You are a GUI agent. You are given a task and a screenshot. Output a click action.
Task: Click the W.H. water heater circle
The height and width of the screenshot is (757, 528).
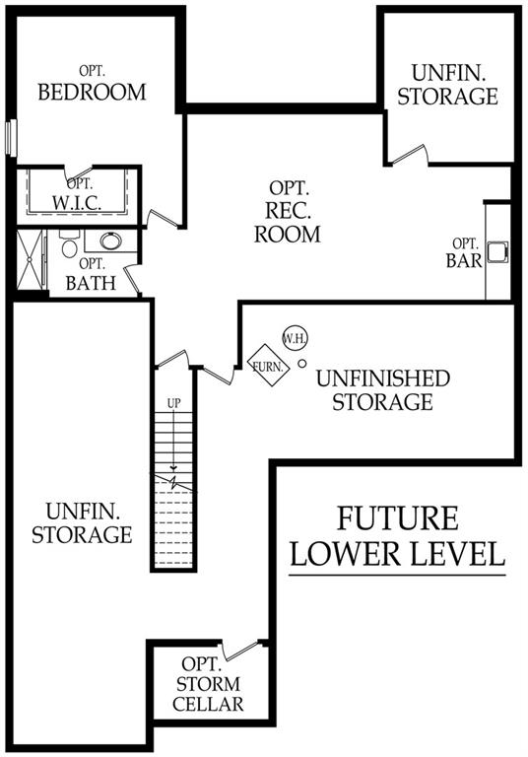[295, 338]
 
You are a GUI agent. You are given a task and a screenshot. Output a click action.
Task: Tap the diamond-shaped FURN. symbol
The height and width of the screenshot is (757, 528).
[268, 366]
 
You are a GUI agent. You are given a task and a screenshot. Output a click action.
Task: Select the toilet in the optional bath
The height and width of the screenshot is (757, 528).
[70, 244]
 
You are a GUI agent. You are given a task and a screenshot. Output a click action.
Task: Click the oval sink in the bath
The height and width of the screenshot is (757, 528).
[110, 241]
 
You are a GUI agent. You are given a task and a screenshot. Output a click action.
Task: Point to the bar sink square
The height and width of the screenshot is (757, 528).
[497, 251]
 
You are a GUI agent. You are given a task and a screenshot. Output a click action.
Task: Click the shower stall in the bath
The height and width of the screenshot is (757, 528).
[30, 260]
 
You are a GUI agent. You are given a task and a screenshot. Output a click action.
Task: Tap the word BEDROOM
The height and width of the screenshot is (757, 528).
[92, 92]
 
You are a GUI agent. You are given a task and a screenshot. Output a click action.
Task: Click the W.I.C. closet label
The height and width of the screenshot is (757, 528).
[77, 203]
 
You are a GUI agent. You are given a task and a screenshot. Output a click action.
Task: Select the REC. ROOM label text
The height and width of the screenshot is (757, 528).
[288, 222]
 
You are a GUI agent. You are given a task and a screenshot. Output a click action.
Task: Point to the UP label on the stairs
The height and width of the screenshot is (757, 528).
[173, 403]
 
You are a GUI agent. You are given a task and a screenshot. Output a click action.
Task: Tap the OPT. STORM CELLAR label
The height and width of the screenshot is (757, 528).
[208, 684]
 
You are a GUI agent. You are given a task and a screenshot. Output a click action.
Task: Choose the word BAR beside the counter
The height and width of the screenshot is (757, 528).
[464, 260]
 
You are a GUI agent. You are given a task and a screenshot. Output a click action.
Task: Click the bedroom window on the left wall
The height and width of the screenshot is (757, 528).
[11, 138]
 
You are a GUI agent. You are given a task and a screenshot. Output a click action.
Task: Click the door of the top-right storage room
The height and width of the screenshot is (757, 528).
[409, 155]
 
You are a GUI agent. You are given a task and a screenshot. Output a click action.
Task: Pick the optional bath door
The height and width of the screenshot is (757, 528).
[132, 280]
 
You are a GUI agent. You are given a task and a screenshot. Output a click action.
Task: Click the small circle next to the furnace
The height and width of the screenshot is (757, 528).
[302, 364]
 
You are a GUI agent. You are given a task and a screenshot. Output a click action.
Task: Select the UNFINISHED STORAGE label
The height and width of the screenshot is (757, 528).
[383, 390]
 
